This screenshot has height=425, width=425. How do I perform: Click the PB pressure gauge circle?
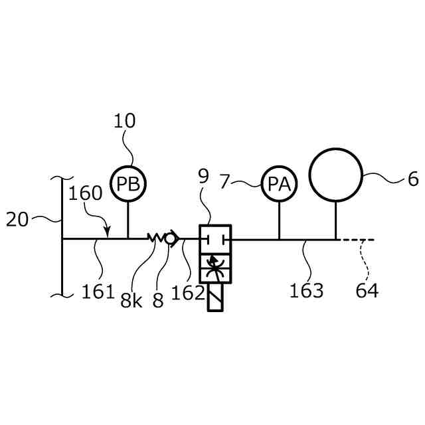coord(127,183)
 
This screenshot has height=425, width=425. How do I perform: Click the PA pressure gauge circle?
coord(279,185)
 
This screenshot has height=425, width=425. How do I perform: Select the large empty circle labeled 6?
coord(335,175)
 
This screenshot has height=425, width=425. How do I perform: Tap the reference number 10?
coord(124,121)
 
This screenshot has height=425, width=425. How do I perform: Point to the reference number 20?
coord(17,219)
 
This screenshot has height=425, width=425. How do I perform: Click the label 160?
coord(85,193)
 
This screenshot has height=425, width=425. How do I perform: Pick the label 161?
coord(99,291)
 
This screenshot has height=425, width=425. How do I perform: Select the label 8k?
coord(131,301)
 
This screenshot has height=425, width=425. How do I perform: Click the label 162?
coord(188,292)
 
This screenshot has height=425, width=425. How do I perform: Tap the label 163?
coord(306,290)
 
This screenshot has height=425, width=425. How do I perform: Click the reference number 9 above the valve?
coord(203,176)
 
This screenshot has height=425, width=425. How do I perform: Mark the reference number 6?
coord(413,179)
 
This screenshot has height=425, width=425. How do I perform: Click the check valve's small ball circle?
coord(171,238)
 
